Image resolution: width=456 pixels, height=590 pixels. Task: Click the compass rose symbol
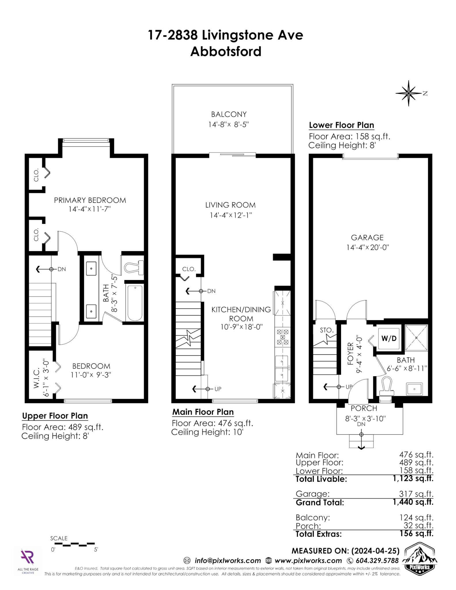(x=408, y=93)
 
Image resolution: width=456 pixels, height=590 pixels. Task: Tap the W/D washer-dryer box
(x=389, y=338)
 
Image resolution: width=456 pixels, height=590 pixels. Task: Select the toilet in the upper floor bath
(x=134, y=267)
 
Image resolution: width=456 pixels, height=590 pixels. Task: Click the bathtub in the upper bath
(x=135, y=303)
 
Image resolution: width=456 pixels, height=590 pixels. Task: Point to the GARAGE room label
(x=367, y=238)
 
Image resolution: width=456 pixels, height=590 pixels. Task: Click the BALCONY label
(x=229, y=114)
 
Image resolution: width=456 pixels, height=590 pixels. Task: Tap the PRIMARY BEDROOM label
(x=90, y=200)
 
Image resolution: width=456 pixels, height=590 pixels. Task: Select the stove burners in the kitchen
(x=283, y=337)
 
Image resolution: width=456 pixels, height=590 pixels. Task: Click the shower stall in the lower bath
(x=416, y=338)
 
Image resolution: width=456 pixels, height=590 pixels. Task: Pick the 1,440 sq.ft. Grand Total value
(x=413, y=502)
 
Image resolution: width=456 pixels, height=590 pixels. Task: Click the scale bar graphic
(x=75, y=544)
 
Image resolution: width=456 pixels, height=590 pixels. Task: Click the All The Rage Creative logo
(x=28, y=561)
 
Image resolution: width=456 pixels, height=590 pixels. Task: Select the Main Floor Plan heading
(x=203, y=412)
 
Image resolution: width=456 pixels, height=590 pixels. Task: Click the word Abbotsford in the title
(x=226, y=52)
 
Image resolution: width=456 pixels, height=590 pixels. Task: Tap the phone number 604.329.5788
(x=377, y=561)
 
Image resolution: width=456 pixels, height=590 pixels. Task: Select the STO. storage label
(x=327, y=330)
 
